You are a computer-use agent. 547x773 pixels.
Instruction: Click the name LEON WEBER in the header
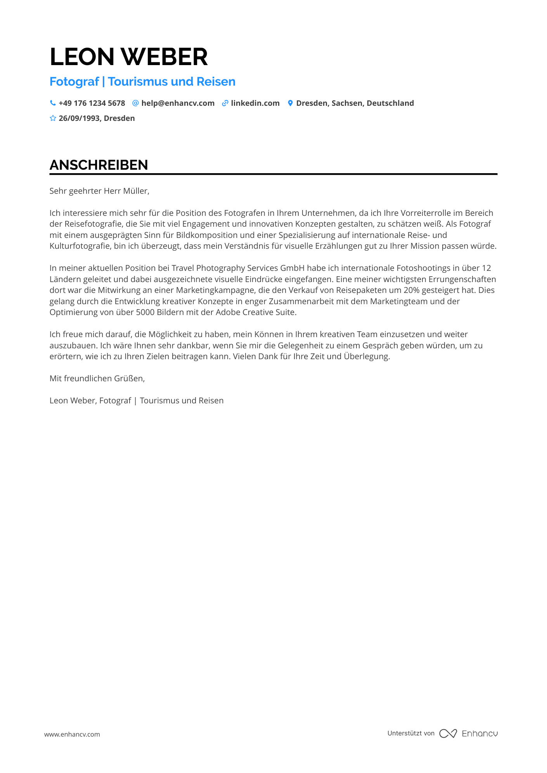click(128, 57)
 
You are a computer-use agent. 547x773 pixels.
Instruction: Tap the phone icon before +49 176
click(53, 103)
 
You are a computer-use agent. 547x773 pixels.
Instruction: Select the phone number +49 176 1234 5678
click(92, 103)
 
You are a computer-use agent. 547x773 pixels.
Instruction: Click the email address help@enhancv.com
click(178, 103)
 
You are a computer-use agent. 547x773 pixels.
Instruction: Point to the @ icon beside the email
click(135, 103)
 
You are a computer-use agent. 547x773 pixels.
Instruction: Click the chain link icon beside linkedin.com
click(225, 103)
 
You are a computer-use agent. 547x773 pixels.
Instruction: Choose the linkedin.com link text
click(255, 103)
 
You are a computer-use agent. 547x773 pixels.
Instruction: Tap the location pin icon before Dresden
click(290, 103)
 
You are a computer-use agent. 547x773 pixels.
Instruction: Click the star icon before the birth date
click(53, 118)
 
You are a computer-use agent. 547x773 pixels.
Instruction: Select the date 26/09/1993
click(79, 118)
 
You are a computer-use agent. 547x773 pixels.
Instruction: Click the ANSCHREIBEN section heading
click(99, 165)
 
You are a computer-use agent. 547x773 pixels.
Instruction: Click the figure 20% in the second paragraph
click(412, 290)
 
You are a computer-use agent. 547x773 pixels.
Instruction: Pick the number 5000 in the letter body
click(145, 312)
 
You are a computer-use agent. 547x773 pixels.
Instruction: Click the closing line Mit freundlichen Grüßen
click(97, 379)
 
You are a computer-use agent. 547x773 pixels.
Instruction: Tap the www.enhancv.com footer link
click(72, 734)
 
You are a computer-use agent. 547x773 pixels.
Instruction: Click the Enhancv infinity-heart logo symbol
click(448, 733)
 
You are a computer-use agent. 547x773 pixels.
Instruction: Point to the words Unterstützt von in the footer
click(411, 733)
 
